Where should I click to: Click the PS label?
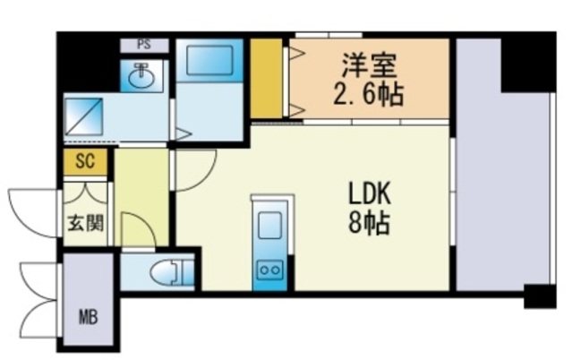144,45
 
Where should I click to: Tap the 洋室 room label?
369,65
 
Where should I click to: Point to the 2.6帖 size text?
368,94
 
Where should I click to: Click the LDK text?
370,193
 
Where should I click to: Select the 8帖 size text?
369,222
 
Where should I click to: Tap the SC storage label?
85,160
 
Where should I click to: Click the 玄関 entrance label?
86,223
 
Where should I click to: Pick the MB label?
89,317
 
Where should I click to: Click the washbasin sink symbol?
141,76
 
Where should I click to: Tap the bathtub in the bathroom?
210,60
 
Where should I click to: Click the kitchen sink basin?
270,225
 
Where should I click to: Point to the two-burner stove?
270,270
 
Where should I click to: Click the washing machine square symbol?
84,116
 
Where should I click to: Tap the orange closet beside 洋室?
266,78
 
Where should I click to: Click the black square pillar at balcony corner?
540,296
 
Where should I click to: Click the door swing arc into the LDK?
205,179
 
